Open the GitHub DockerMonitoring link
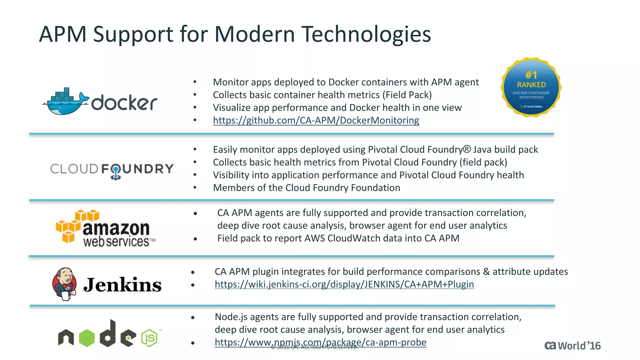[x=316, y=120]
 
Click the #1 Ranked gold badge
[x=531, y=87]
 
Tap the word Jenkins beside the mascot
[x=122, y=285]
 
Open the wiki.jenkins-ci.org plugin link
[x=344, y=284]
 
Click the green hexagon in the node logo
[x=87, y=338]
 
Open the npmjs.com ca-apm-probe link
[x=320, y=342]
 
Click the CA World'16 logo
[x=572, y=346]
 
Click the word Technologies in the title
[x=366, y=34]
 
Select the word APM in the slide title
[x=62, y=34]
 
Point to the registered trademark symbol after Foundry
[x=467, y=149]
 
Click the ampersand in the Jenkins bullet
[x=486, y=272]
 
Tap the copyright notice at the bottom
[x=314, y=347]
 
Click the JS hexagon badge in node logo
[x=149, y=338]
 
